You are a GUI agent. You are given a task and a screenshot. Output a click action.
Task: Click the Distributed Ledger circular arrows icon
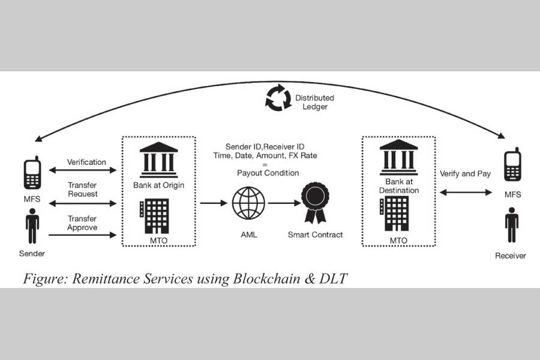coord(278,99)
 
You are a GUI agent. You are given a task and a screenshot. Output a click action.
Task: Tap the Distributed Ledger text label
coord(314,102)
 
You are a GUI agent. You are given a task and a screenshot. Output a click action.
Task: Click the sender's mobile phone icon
coord(32,173)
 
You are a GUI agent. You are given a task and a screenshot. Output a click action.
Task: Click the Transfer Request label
coord(82,190)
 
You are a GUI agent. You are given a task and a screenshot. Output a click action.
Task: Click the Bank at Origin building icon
coord(158,157)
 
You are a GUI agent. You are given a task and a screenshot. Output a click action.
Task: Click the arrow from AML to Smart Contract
coord(283,203)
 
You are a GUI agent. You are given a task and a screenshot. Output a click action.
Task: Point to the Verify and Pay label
coord(466,174)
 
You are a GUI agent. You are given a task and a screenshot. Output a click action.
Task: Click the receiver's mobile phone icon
coord(512,165)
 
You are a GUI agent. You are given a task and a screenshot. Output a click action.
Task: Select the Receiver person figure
coord(511,225)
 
